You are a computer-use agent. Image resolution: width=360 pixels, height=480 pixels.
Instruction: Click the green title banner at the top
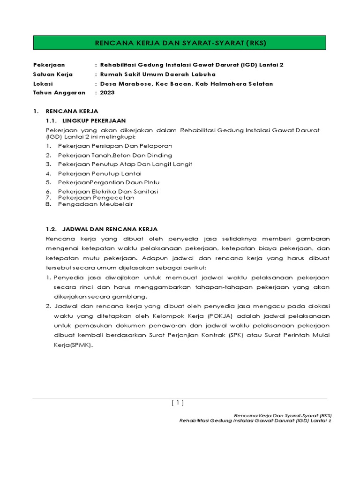tap(180, 43)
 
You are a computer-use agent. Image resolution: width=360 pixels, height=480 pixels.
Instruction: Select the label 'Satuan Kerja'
tap(49, 74)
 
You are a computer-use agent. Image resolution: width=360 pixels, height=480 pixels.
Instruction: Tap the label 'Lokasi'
tap(43, 83)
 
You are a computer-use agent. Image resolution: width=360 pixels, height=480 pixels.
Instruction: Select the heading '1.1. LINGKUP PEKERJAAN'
tap(86, 120)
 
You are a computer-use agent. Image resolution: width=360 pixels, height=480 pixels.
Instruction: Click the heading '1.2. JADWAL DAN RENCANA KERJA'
tap(101, 229)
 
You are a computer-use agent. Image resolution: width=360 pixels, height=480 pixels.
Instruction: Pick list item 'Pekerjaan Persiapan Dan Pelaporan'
tap(115, 146)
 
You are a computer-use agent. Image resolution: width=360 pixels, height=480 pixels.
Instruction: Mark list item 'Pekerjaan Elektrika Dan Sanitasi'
tap(108, 191)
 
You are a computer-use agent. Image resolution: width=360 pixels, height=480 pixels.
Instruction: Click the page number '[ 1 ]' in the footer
tap(178, 402)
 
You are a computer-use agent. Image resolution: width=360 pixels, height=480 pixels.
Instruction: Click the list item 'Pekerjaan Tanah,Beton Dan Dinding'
tap(115, 155)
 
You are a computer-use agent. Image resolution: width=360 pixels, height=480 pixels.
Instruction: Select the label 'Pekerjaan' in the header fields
tap(49, 65)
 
